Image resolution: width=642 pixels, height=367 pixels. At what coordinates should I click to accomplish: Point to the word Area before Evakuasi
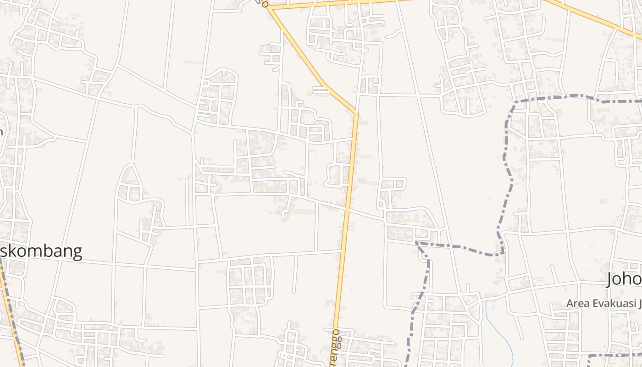pyautogui.click(x=576, y=304)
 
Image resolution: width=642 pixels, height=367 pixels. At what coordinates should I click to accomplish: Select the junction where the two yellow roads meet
pyautogui.click(x=270, y=8)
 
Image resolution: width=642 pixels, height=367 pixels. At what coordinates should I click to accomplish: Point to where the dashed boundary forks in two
pyautogui.click(x=417, y=242)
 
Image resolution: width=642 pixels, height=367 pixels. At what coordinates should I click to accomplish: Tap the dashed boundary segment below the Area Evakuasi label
pyautogui.click(x=614, y=355)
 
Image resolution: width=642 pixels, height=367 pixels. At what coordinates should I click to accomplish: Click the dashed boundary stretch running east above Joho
pyautogui.click(x=573, y=97)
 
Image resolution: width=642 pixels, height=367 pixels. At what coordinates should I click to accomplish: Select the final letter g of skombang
pyautogui.click(x=77, y=252)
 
